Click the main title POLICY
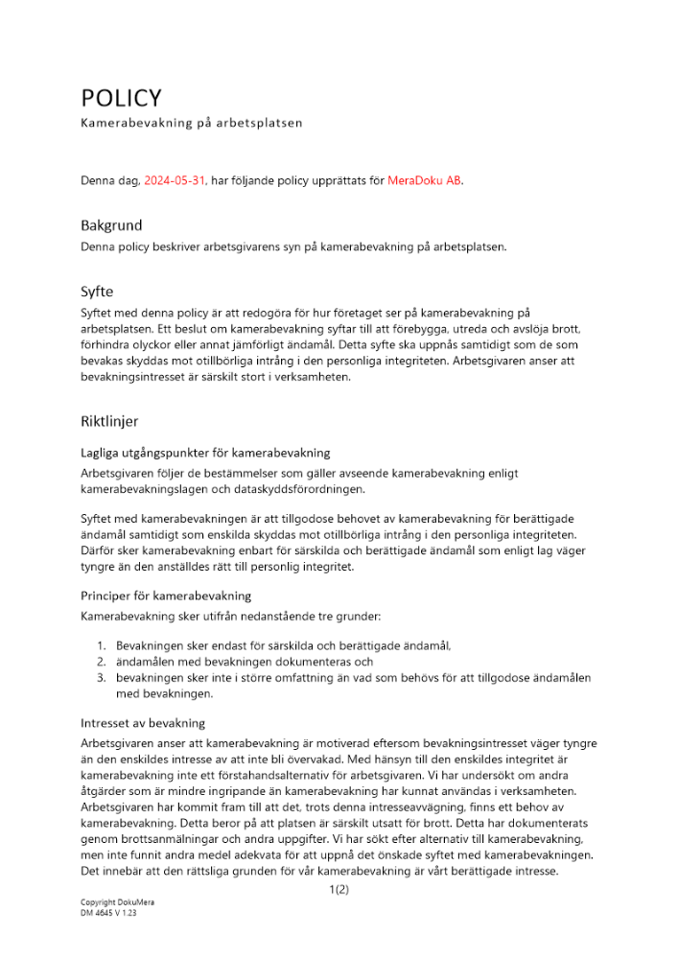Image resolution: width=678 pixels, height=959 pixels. (x=121, y=98)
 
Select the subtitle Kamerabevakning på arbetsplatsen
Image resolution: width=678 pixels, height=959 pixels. (x=191, y=124)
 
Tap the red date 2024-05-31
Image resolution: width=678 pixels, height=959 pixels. (x=175, y=179)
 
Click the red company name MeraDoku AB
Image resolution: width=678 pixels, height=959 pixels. (x=425, y=179)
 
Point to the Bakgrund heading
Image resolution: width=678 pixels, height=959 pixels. (x=111, y=226)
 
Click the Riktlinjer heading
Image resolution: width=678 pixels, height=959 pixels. (x=110, y=421)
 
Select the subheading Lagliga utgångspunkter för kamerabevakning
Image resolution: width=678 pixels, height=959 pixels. (x=205, y=453)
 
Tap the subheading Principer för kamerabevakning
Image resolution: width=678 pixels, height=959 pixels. (x=166, y=595)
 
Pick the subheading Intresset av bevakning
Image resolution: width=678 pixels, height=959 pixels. (x=143, y=722)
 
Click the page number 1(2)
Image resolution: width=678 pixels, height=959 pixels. (x=338, y=890)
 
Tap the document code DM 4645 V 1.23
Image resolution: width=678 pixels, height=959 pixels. (x=108, y=914)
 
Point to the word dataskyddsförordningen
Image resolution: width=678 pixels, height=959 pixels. (x=304, y=489)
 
